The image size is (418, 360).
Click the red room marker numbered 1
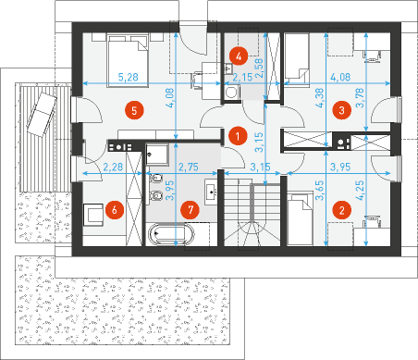pyautogui.click(x=238, y=136)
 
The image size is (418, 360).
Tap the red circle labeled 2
pyautogui.click(x=341, y=210)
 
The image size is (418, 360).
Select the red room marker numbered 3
pyautogui.click(x=341, y=110)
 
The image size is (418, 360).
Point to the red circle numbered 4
pyautogui.click(x=239, y=56)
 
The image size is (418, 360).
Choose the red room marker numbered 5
pyautogui.click(x=134, y=110)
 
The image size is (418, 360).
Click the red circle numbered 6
pyautogui.click(x=115, y=210)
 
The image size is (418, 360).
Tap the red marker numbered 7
pyautogui.click(x=191, y=210)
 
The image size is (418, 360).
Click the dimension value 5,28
pyautogui.click(x=129, y=77)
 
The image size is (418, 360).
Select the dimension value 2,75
pyautogui.click(x=189, y=167)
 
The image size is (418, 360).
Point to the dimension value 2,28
pyautogui.click(x=113, y=167)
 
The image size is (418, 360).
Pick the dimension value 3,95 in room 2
pyautogui.click(x=340, y=167)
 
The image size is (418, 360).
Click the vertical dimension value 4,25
pyautogui.click(x=360, y=191)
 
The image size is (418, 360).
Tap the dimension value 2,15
pyautogui.click(x=242, y=77)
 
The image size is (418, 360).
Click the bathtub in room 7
pyautogui.click(x=171, y=234)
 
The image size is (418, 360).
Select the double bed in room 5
pyautogui.click(x=128, y=61)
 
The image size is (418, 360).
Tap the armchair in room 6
pyautogui.click(x=92, y=215)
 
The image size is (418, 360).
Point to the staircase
pyautogui.click(x=252, y=209)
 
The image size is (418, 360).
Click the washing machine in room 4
pyautogui.click(x=231, y=93)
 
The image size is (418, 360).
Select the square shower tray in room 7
pyautogui.click(x=157, y=154)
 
